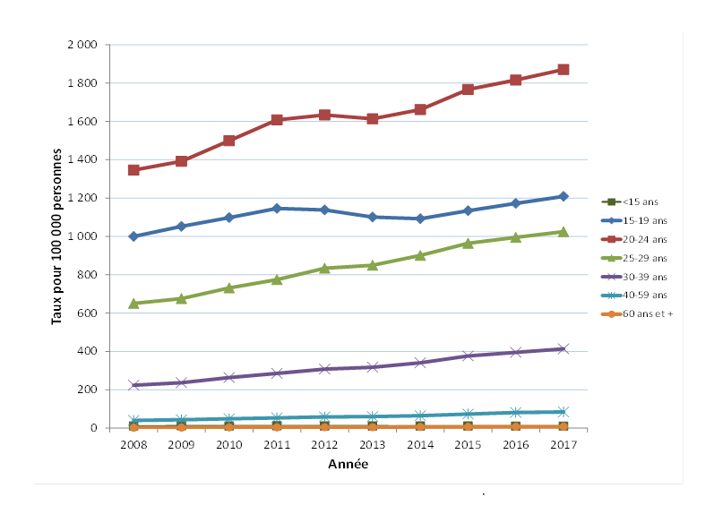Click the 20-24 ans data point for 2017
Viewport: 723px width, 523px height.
(x=563, y=69)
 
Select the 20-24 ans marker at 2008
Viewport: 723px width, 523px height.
(x=133, y=169)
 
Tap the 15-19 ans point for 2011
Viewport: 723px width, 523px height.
(x=277, y=208)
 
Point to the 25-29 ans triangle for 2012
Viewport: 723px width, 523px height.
(x=324, y=268)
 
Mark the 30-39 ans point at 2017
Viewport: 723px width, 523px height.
(x=563, y=348)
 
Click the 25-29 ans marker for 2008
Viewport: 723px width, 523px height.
(x=133, y=303)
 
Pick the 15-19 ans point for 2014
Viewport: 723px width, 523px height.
(x=419, y=219)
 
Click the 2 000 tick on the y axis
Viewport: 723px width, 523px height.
(x=83, y=45)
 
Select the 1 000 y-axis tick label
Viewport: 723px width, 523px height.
(x=83, y=236)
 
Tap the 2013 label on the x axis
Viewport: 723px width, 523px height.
(x=372, y=444)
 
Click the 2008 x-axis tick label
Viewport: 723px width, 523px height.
(x=133, y=444)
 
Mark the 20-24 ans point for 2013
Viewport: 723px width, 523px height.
(x=372, y=118)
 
